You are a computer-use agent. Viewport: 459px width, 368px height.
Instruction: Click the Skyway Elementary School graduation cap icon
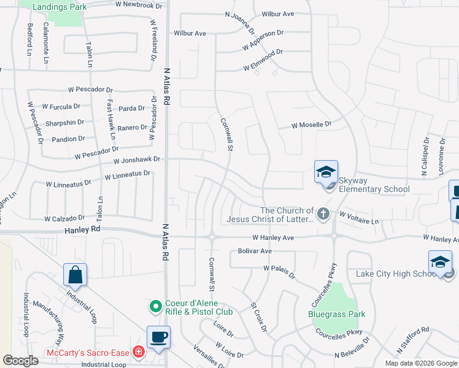point(326,172)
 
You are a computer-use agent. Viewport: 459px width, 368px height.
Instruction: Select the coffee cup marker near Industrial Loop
point(159,337)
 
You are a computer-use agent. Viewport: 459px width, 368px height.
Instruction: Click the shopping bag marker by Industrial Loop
point(75,275)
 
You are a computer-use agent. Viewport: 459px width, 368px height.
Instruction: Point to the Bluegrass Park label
point(336,314)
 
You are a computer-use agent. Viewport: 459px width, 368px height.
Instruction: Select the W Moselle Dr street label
point(311,125)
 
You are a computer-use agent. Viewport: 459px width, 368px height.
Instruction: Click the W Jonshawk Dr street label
point(136,159)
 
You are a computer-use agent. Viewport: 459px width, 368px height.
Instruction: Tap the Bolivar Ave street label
point(254,251)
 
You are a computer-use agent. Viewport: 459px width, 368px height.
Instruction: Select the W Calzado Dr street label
point(64,218)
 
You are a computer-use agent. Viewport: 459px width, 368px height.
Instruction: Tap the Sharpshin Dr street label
point(64,123)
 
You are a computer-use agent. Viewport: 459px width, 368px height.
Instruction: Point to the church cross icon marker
point(324,214)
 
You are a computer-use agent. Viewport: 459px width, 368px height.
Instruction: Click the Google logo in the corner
point(20,361)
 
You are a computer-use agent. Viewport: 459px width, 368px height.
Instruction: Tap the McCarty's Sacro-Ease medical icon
point(139,352)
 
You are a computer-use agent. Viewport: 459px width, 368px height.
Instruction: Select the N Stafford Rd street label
point(412,340)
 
